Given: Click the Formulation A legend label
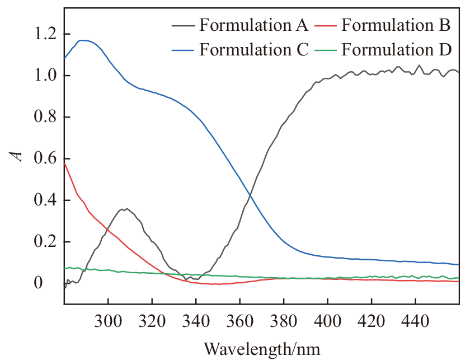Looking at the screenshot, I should pyautogui.click(x=253, y=25).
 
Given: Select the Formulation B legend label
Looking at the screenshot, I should pyautogui.click(x=396, y=25).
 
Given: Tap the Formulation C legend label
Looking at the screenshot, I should pyautogui.click(x=253, y=50).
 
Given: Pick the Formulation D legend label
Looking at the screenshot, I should pyautogui.click(x=396, y=50).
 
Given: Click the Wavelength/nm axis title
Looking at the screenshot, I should pyautogui.click(x=262, y=348).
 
